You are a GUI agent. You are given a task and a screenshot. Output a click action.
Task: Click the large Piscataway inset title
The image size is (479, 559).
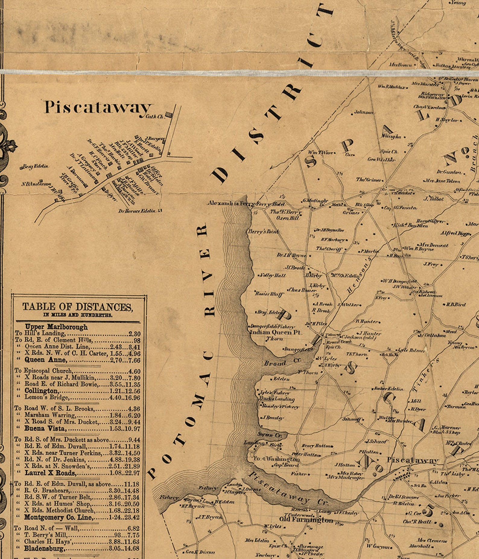pos(98,107)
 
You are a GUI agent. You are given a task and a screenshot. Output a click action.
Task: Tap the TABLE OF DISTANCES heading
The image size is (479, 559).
pos(77,307)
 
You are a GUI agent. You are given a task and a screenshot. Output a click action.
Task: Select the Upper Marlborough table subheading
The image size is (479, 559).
pos(56,327)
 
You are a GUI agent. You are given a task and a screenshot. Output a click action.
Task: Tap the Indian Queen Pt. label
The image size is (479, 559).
pos(276,332)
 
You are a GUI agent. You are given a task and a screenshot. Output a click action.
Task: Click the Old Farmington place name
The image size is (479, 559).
pos(306,520)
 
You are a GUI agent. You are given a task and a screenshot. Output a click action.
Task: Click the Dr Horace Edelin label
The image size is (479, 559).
pos(137,211)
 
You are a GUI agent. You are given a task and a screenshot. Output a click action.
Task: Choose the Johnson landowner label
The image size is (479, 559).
pos(363,112)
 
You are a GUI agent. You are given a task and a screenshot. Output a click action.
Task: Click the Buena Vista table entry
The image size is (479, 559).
pos(44,429)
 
